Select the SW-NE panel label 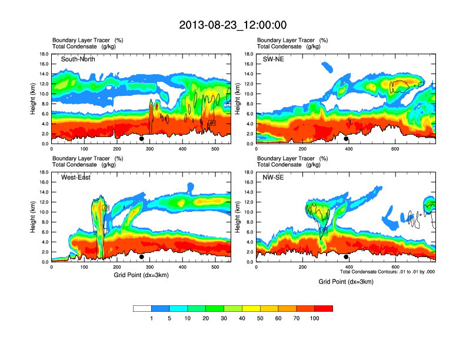point(274,59)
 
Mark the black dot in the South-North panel point(142,139)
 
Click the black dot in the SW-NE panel point(346,139)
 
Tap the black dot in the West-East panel point(142,256)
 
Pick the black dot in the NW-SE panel point(346,256)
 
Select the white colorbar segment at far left point(142,308)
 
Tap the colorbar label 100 point(315,318)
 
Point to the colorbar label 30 point(224,318)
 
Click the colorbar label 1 point(152,318)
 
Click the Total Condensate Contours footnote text point(387,272)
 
